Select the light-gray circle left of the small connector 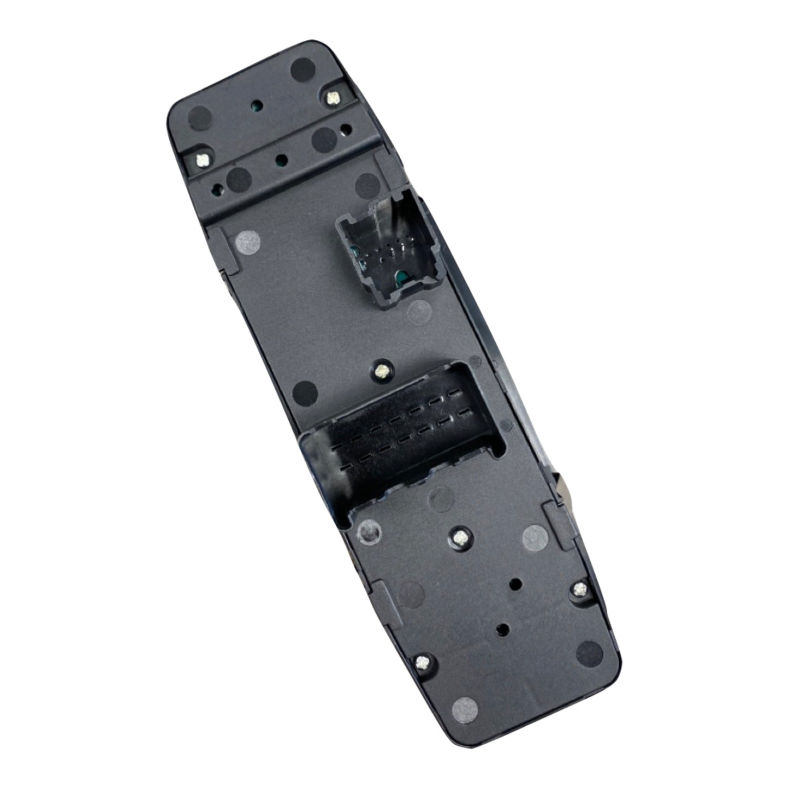(246, 240)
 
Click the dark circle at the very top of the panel (301, 69)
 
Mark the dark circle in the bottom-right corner (589, 651)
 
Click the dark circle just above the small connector (366, 184)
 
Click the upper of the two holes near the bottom (514, 584)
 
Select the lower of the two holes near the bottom (501, 629)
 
